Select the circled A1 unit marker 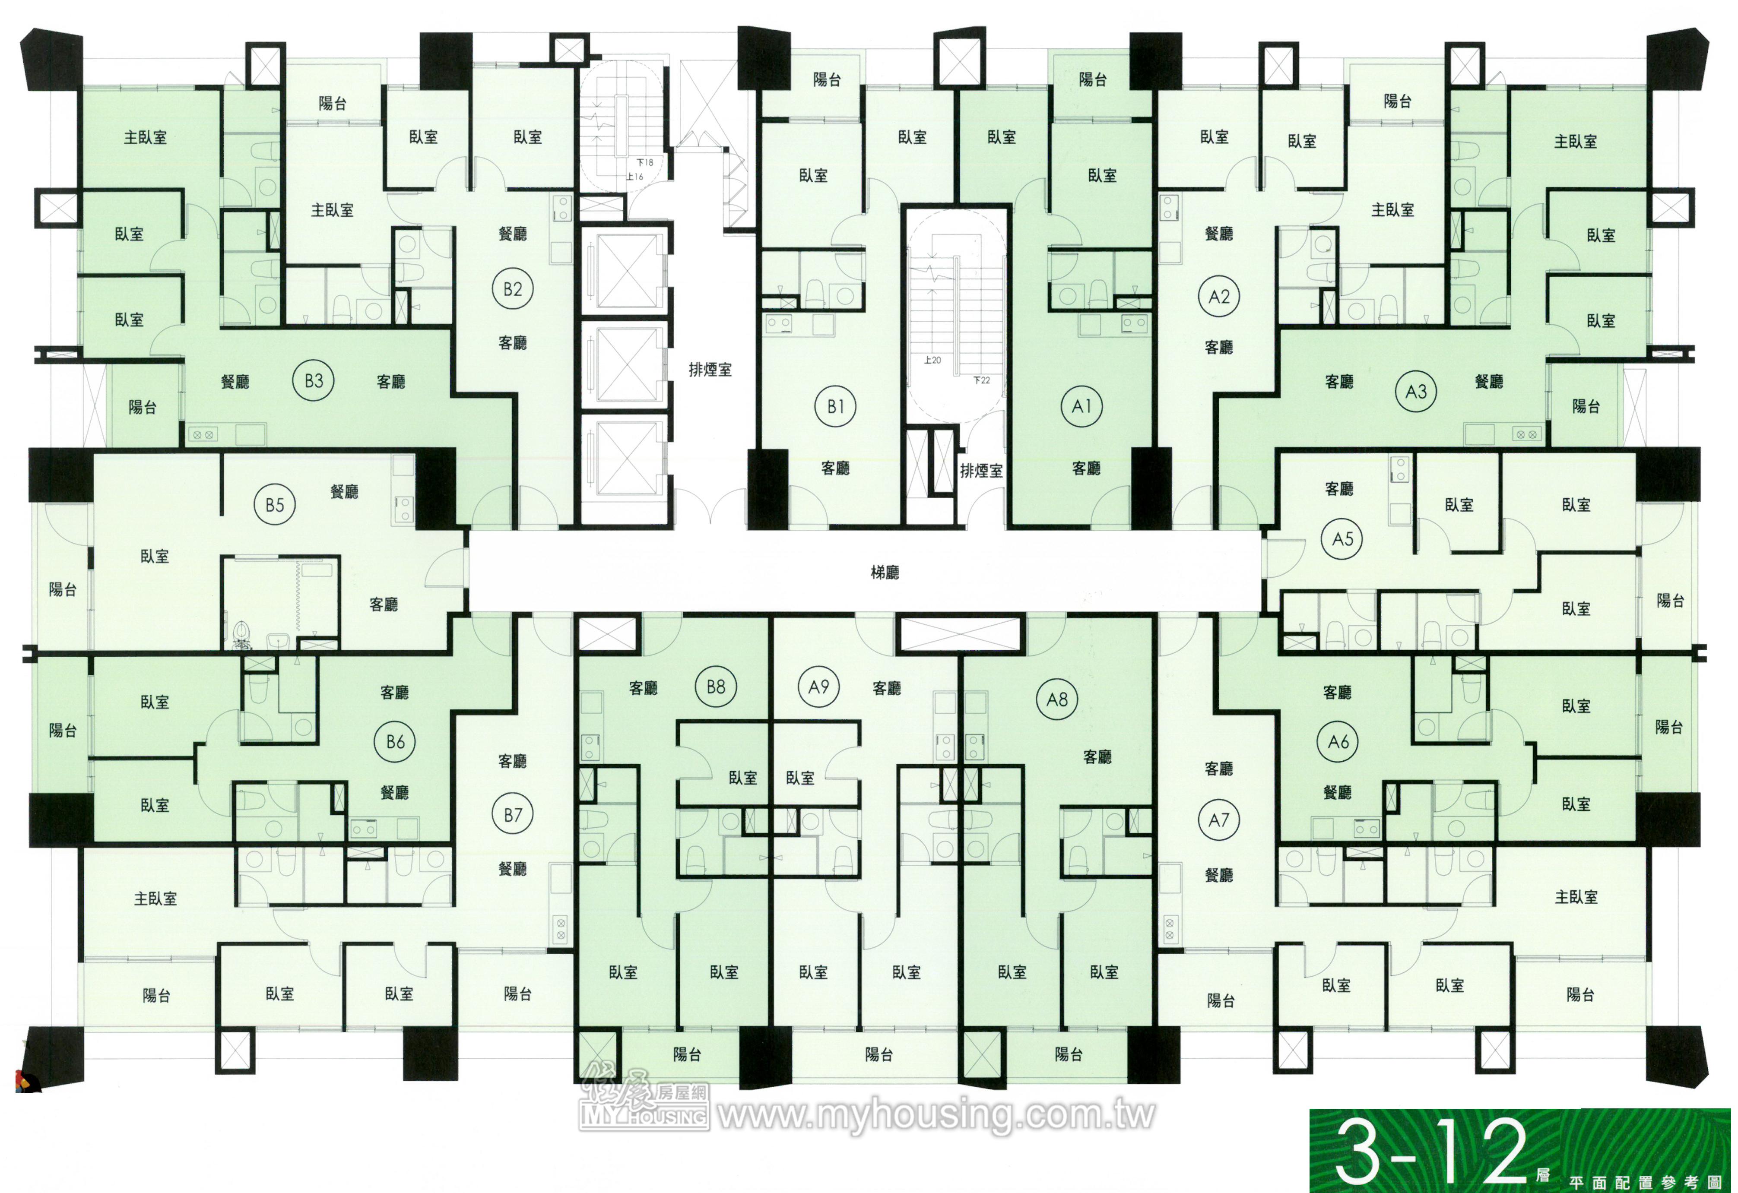point(1081,407)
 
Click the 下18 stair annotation point(645,162)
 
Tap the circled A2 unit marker point(1219,297)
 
